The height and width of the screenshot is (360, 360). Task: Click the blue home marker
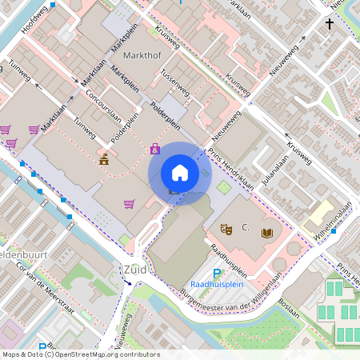pyautogui.click(x=180, y=173)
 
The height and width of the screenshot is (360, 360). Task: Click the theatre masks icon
pyautogui.click(x=226, y=229)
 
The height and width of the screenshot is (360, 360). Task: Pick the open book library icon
pyautogui.click(x=267, y=232)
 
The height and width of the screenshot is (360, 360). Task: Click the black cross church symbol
pyautogui.click(x=330, y=25)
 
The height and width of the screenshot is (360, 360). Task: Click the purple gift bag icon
pyautogui.click(x=154, y=148)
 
